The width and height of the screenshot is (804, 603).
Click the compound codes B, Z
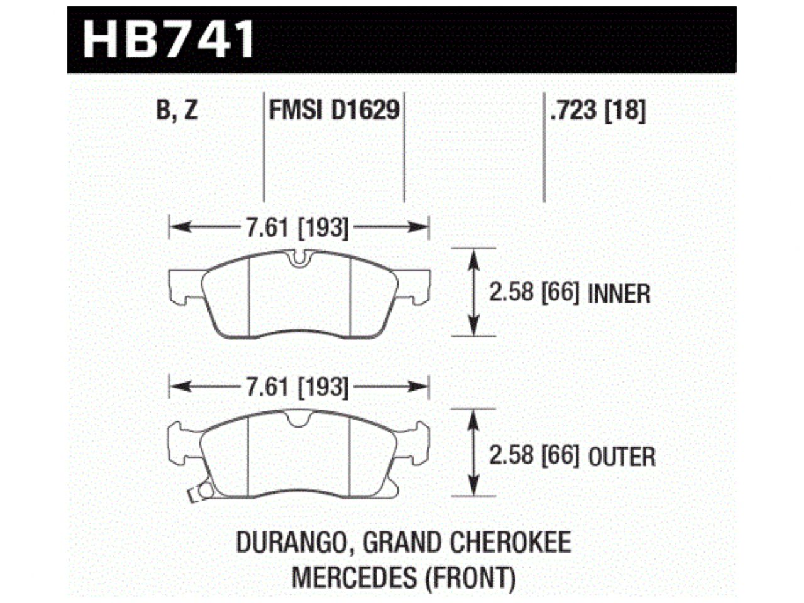(x=176, y=111)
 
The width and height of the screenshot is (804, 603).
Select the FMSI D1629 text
(x=334, y=111)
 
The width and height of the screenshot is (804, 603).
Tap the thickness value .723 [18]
(x=597, y=111)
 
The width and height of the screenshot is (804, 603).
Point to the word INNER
(x=619, y=293)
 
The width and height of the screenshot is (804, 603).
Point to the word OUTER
(x=622, y=456)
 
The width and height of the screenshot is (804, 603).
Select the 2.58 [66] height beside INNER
(x=534, y=293)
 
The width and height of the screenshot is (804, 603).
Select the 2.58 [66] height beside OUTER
(x=534, y=455)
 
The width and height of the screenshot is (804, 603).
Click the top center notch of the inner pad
(x=299, y=256)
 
